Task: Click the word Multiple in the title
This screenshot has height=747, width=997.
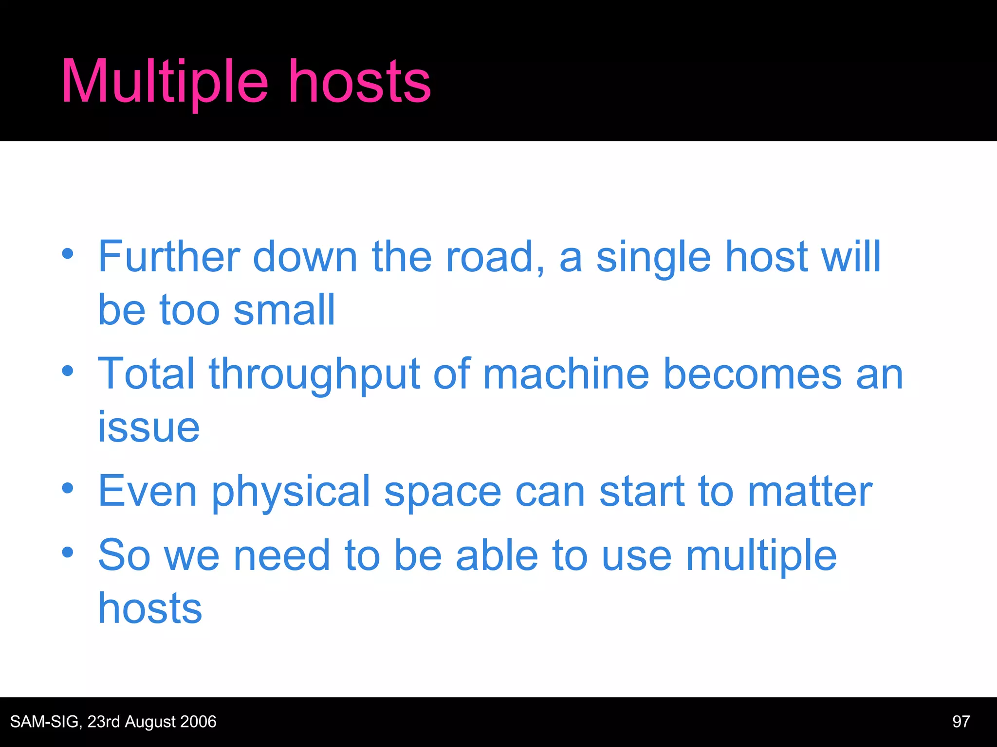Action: pos(165,82)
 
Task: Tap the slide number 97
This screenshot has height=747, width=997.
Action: pos(961,722)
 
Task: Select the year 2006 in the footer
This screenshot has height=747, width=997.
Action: pos(198,722)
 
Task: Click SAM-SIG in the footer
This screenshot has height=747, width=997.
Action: pos(45,722)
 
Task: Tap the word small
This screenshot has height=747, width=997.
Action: pos(284,310)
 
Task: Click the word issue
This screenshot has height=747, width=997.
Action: pos(148,427)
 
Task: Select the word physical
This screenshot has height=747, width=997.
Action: pos(291,491)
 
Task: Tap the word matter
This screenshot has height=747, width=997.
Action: pos(810,491)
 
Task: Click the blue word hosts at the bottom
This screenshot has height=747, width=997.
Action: pos(150,608)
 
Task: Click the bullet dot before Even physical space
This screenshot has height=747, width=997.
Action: pos(68,488)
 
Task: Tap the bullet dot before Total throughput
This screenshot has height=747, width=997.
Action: pos(68,371)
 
